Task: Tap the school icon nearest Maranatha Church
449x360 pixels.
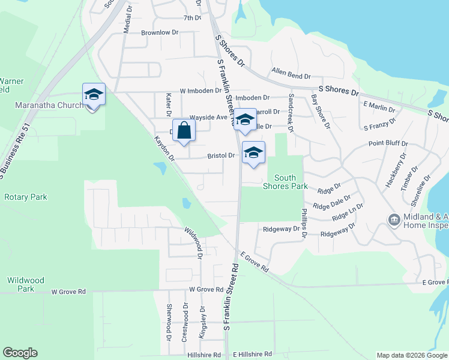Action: click(x=94, y=95)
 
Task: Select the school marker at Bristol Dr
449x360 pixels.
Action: click(x=253, y=153)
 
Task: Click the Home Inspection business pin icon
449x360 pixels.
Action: click(x=394, y=220)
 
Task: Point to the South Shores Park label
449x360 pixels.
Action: click(x=285, y=181)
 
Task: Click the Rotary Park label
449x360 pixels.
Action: click(x=25, y=197)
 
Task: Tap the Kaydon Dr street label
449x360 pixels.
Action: click(x=163, y=149)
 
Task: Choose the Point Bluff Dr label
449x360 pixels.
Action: click(x=388, y=144)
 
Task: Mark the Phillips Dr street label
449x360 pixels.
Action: click(x=304, y=222)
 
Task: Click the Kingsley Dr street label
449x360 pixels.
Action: click(x=203, y=322)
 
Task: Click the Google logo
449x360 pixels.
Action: click(x=20, y=353)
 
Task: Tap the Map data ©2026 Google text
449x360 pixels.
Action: click(x=411, y=355)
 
